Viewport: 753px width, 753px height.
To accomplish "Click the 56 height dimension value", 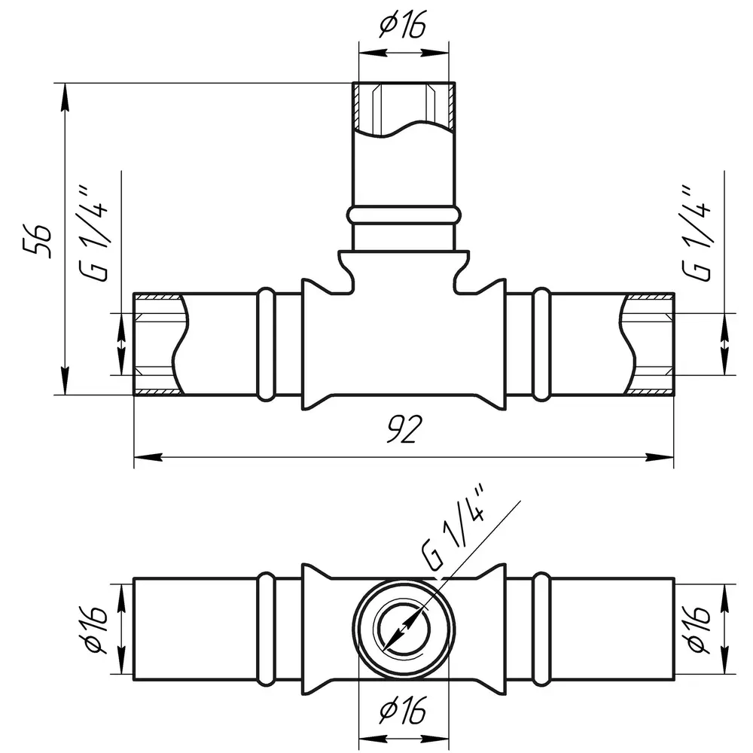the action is (38, 241).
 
